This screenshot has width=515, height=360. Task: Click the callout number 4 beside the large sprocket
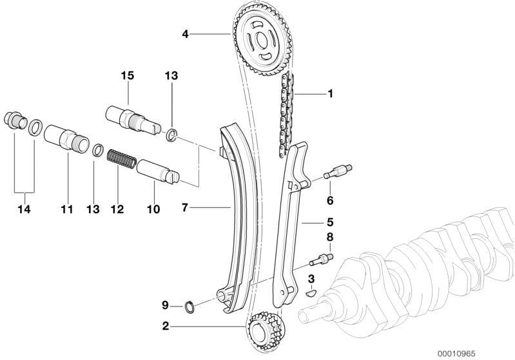[186, 33]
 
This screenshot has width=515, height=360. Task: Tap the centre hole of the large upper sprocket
[262, 41]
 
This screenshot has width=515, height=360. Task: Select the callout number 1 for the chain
[331, 93]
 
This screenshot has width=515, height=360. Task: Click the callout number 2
[166, 326]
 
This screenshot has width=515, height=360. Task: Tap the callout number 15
[128, 75]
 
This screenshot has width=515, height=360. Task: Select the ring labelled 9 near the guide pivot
[189, 307]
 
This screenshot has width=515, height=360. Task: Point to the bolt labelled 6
[338, 172]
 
